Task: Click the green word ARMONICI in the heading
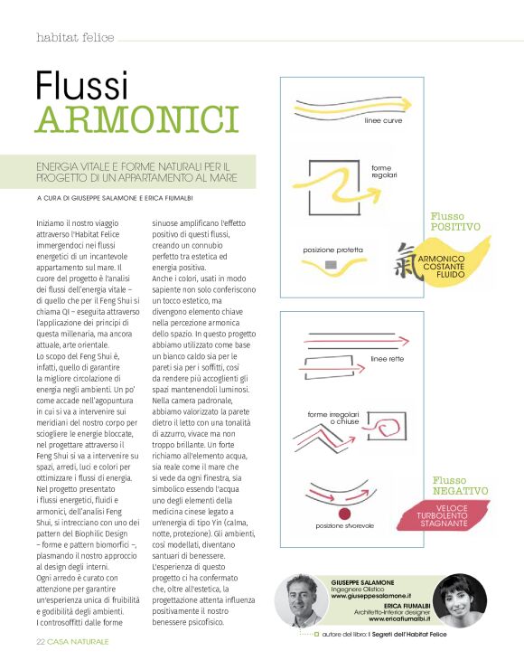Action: tap(136, 119)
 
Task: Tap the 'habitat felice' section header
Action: tap(75, 38)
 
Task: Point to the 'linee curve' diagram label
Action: tap(383, 119)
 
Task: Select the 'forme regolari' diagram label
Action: tap(384, 170)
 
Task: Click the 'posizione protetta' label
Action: tap(333, 250)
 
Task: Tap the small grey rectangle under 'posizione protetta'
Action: tap(330, 264)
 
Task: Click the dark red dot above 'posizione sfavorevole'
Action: tap(343, 513)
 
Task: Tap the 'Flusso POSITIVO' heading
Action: tap(455, 222)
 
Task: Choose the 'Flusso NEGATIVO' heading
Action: tap(460, 485)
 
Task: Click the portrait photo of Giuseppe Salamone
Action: tap(304, 606)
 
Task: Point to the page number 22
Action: tap(41, 641)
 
